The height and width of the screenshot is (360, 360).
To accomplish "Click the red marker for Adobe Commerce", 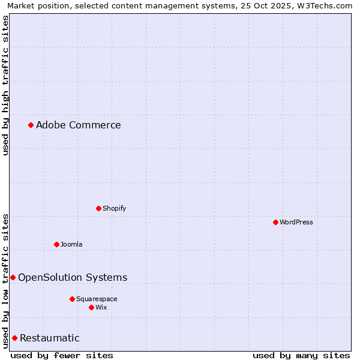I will [31, 125].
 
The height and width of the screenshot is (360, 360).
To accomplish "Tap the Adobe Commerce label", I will [78, 125].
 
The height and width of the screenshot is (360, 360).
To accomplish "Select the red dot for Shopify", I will [98, 208].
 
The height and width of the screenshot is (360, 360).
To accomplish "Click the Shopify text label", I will [114, 208].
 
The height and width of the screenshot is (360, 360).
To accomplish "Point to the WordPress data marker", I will [275, 222].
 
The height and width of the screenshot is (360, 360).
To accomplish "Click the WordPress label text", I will [296, 222].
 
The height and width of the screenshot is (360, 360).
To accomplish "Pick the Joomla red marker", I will [56, 244].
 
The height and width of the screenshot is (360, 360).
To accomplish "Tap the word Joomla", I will [71, 244].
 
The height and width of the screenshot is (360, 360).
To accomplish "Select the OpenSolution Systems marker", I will [13, 277].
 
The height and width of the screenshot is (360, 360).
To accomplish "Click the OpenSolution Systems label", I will [73, 277].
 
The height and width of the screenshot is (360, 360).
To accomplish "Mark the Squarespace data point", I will [72, 299].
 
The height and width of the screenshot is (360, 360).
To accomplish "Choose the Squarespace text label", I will [97, 299].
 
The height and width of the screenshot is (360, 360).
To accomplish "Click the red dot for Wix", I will [91, 307].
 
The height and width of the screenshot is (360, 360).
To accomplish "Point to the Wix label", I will [101, 307].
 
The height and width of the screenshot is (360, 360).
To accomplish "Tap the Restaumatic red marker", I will [14, 338].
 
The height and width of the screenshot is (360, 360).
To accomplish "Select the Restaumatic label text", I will [49, 338].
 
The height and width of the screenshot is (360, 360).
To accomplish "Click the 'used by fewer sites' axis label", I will [62, 355].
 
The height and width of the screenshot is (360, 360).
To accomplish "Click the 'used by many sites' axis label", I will [301, 355].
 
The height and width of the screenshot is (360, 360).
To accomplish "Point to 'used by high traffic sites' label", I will [5, 85].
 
